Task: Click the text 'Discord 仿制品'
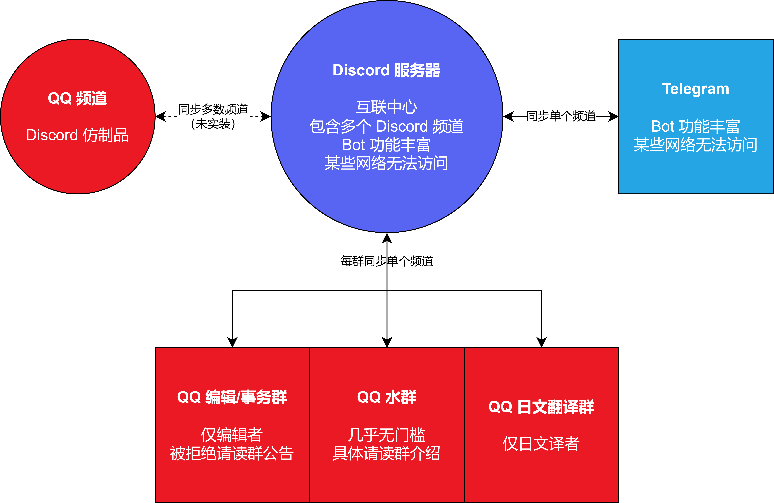pyautogui.click(x=77, y=135)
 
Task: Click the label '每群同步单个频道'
pyautogui.click(x=387, y=261)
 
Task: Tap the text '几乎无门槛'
pyautogui.click(x=387, y=435)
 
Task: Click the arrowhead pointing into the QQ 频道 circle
pyautogui.click(x=161, y=116)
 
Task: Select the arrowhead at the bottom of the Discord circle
pyautogui.click(x=387, y=238)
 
